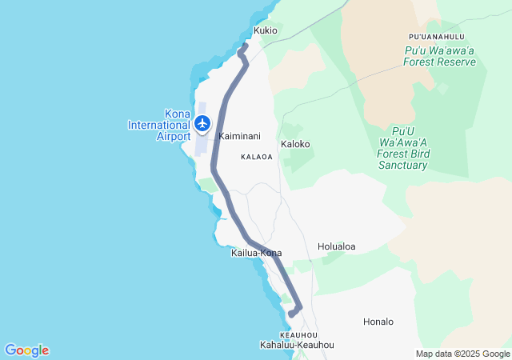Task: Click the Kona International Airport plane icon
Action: [202, 124]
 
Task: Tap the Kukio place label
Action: [266, 30]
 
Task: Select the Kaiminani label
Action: [239, 137]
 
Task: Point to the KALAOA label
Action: [258, 157]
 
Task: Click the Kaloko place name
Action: [295, 144]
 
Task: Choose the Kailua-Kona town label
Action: [256, 253]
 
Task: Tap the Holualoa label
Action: [336, 246]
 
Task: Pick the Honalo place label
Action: [378, 322]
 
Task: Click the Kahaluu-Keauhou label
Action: [297, 345]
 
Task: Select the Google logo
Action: [26, 350]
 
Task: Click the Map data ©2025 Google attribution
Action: [462, 354]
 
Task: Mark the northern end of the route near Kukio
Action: [245, 46]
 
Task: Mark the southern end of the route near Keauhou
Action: [292, 314]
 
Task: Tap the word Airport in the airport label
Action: [174, 136]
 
